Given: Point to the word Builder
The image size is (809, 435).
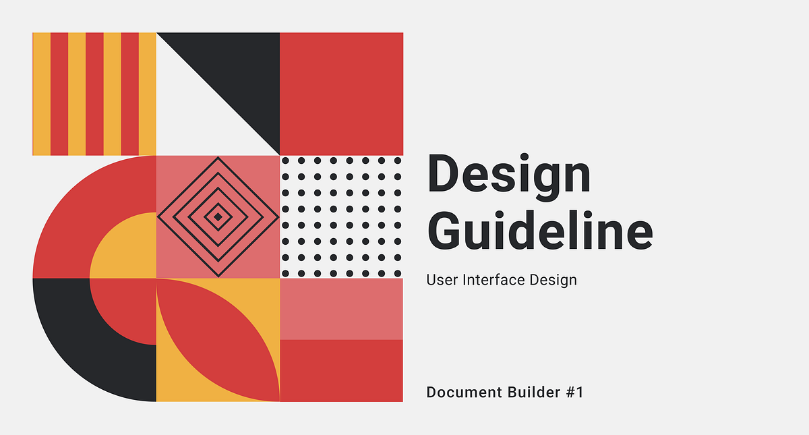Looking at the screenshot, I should coord(531,392).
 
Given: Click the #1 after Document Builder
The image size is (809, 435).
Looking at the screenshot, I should coord(574,392).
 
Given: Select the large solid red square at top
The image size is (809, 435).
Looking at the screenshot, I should coord(341,94).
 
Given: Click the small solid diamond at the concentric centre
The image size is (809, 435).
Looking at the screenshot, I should coord(218,216).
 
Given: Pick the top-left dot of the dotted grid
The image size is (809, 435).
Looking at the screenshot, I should coord(285,161).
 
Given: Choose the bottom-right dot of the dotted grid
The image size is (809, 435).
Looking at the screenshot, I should coord(398,273).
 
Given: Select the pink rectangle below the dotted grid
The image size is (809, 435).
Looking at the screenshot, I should coord(341,309).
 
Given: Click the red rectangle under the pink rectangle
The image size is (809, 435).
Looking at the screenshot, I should coord(341,370).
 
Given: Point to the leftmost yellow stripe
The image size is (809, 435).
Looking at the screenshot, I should coord(41,94).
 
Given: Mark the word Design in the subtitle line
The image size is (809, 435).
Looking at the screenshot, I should coord(555,279).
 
